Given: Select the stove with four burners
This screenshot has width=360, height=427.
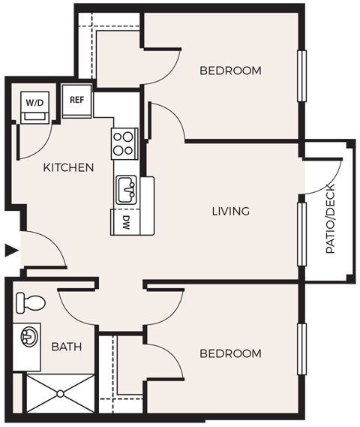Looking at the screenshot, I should tap(124, 143).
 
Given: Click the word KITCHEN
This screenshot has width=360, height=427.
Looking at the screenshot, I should tap(68, 167).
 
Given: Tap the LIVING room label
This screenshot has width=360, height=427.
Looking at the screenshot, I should tap(230, 212).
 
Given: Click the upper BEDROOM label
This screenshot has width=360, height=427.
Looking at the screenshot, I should tap(230, 71).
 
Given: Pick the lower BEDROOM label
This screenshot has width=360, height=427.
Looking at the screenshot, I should tap(230, 353).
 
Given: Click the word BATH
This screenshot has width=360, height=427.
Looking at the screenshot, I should tap(66, 347).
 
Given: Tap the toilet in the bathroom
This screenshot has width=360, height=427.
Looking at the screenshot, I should tap(30, 302).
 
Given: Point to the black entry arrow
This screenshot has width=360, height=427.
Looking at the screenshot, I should tap(9, 251).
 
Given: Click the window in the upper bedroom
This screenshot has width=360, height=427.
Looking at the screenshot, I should tap(301, 75).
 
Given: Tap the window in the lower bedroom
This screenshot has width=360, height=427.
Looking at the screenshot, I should tap(301, 347).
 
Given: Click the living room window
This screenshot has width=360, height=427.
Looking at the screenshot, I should tap(301, 233).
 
